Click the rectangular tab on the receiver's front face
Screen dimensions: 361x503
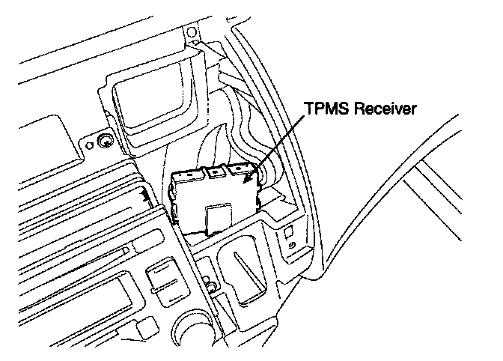pos(218,217)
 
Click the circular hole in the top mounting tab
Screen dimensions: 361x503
pos(191,32)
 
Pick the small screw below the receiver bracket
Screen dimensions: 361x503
pos(210,285)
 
